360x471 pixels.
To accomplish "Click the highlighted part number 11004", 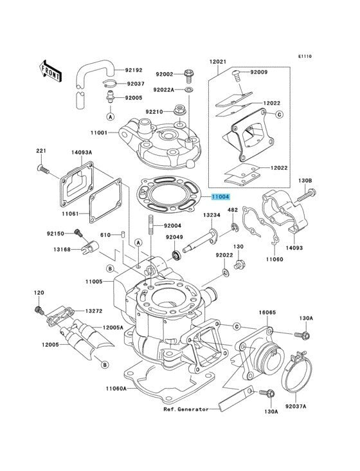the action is coord(221,197).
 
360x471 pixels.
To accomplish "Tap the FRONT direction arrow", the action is coord(50,71).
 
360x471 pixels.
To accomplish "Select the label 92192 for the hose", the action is coord(134,70).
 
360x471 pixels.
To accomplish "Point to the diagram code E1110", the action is coord(305,56).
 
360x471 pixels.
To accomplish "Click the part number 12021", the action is coord(218,62).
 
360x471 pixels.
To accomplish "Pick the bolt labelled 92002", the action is coord(188,77).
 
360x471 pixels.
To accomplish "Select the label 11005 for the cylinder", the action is coord(94,281).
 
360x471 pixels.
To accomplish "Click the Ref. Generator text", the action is coord(186,409).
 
